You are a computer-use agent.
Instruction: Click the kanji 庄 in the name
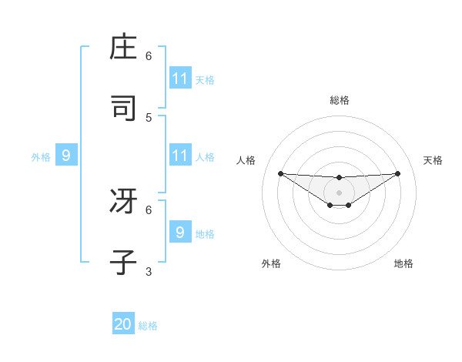(x=124, y=49)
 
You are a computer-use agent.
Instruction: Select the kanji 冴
(x=124, y=203)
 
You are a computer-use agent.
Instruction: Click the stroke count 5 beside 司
(x=149, y=117)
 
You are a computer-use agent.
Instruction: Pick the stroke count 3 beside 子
(x=149, y=271)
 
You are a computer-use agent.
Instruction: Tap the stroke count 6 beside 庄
(x=149, y=56)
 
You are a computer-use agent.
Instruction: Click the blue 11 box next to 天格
(x=180, y=79)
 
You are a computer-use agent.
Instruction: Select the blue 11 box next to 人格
(x=180, y=156)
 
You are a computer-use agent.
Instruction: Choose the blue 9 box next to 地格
(x=180, y=232)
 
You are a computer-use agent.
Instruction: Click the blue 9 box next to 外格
(x=66, y=156)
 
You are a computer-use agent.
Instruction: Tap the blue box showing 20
(x=123, y=324)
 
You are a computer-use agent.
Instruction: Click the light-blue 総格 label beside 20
(x=148, y=326)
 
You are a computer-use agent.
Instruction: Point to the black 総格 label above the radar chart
(x=340, y=100)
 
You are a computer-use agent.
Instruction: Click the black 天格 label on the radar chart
(x=433, y=160)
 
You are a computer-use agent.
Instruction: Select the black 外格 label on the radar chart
(x=271, y=263)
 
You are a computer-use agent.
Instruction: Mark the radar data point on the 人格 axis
(x=280, y=173)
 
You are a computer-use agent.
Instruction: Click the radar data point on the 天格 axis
(x=398, y=173)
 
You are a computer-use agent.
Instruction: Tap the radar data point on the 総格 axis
(x=340, y=178)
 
